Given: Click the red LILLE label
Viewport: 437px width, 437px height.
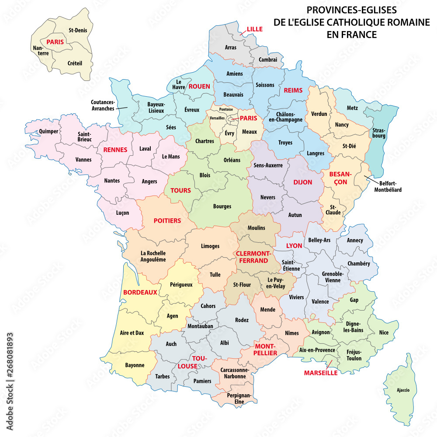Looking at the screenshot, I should [x=254, y=29].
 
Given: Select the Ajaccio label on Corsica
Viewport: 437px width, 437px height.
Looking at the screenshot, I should [x=402, y=390].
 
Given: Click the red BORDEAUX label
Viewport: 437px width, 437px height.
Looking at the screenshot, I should [x=140, y=292].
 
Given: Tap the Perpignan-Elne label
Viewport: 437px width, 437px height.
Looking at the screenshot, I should [x=239, y=398].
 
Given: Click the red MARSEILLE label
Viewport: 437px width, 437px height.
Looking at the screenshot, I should [x=321, y=373].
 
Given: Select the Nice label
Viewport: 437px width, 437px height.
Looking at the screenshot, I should [x=384, y=332].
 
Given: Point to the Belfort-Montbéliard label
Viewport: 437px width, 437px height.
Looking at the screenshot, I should [x=388, y=187].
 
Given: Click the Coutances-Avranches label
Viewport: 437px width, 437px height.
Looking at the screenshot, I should [x=103, y=105].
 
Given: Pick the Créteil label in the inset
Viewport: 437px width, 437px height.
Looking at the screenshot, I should [x=75, y=63].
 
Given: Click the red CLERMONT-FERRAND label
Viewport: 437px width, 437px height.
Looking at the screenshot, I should [x=252, y=257].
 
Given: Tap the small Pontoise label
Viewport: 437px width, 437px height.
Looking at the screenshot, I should [x=226, y=109].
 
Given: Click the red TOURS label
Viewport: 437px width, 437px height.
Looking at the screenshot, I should [x=180, y=190].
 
